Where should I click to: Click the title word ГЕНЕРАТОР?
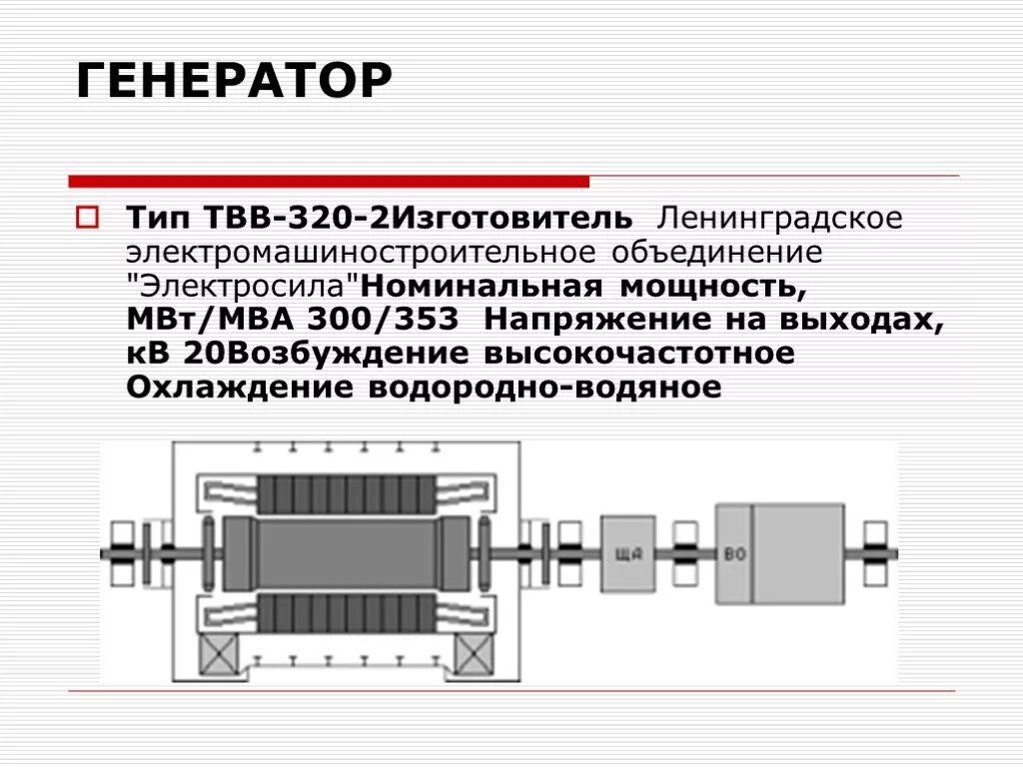click(233, 81)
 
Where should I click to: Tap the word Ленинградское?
click(778, 218)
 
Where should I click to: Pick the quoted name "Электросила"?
click(243, 288)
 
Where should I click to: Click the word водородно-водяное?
click(545, 388)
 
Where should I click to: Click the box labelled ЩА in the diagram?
click(627, 555)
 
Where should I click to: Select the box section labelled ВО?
click(734, 555)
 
